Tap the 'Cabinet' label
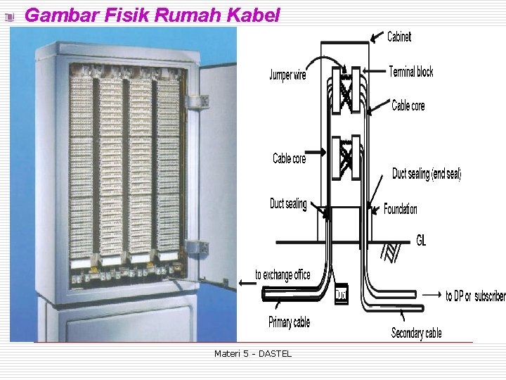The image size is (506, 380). (399, 37)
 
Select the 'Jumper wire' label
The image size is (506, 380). (287, 75)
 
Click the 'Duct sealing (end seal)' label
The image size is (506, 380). (426, 174)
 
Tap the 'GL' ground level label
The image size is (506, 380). (421, 241)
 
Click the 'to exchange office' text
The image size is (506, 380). (283, 274)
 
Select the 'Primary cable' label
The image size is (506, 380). (289, 322)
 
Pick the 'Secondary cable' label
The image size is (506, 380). (416, 332)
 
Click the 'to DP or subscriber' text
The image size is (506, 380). (475, 296)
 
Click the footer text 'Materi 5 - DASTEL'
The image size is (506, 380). (253, 353)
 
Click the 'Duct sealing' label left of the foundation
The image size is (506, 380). (288, 204)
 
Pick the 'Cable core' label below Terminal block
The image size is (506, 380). (408, 106)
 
